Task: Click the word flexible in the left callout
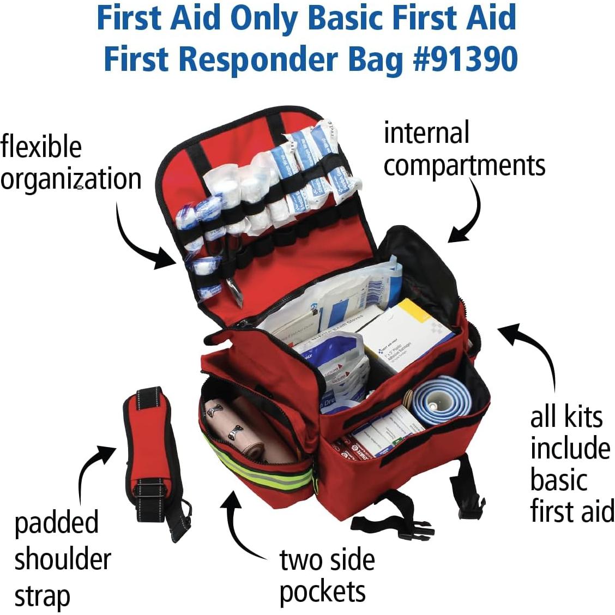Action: [x=41, y=147]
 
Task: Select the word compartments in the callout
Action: [x=464, y=165]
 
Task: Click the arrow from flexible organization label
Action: [x=142, y=240]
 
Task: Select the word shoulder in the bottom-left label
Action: [x=62, y=560]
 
